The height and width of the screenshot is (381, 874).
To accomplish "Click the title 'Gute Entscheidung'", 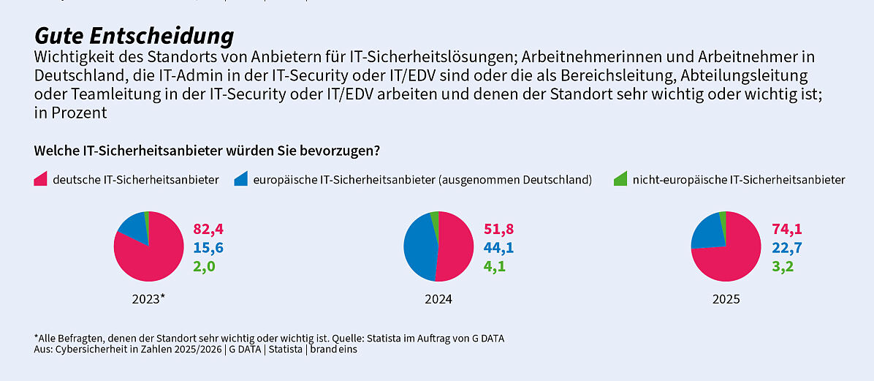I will pyautogui.click(x=134, y=36).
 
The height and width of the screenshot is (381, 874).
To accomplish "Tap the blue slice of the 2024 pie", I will pyautogui.click(x=418, y=245).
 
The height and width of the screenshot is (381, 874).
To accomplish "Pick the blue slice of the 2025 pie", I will pyautogui.click(x=707, y=232).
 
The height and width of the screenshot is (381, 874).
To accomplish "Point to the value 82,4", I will pyautogui.click(x=208, y=229).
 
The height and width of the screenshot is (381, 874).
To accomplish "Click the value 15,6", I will pyautogui.click(x=208, y=248).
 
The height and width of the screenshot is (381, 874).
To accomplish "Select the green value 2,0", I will pyautogui.click(x=204, y=266).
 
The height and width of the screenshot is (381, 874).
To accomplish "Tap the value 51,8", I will pyautogui.click(x=498, y=229).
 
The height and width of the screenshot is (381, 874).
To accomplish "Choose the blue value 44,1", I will pyautogui.click(x=498, y=248).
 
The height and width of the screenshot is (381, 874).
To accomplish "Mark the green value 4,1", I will pyautogui.click(x=495, y=266).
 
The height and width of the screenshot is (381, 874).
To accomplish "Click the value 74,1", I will pyautogui.click(x=786, y=229).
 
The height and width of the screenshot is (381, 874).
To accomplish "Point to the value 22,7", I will pyautogui.click(x=786, y=248).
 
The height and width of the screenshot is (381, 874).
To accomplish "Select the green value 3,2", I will pyautogui.click(x=783, y=266).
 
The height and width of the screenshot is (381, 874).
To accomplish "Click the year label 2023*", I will pyautogui.click(x=148, y=299).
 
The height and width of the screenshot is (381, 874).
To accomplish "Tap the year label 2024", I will pyautogui.click(x=438, y=299).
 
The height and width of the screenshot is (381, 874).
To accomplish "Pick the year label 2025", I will pyautogui.click(x=726, y=299).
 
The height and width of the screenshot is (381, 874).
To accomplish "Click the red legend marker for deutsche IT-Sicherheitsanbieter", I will pyautogui.click(x=41, y=179).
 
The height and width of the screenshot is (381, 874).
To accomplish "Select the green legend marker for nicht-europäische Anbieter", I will pyautogui.click(x=620, y=179).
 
